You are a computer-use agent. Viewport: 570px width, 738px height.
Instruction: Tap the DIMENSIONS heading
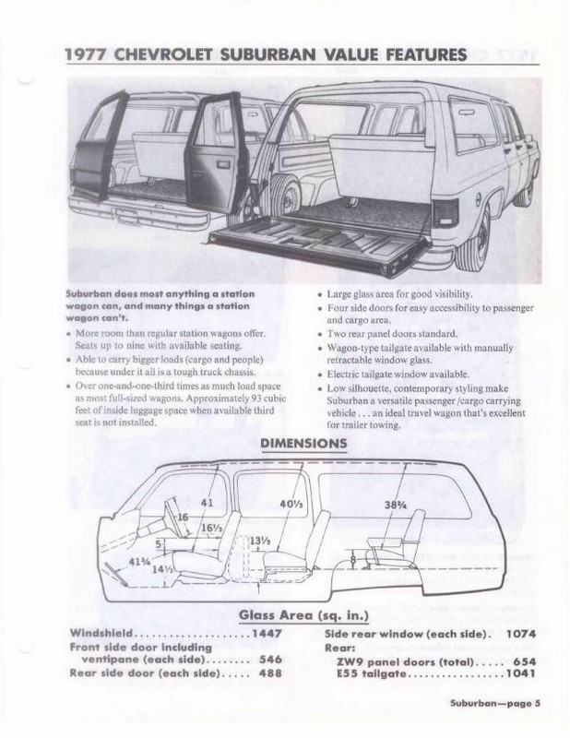click(x=305, y=443)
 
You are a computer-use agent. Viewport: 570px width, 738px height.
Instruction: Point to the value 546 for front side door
click(x=270, y=661)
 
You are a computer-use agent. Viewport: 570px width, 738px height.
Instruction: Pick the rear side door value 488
click(x=270, y=674)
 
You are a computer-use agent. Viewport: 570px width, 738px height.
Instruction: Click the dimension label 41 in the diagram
click(x=206, y=503)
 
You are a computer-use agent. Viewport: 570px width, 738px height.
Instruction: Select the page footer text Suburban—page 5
click(x=494, y=706)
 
